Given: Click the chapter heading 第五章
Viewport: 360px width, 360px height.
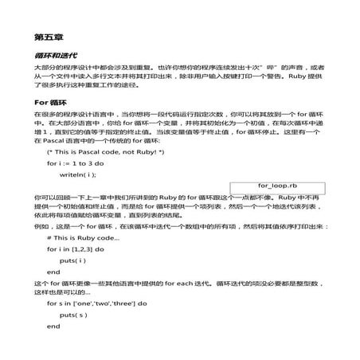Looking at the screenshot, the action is tap(49, 37).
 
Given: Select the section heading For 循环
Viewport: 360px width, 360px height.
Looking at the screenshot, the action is tap(53, 103).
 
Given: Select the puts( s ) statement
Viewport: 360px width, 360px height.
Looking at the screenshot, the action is tap(73, 315).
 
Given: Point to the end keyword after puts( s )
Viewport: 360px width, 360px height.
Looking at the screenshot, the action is tap(54, 326).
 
